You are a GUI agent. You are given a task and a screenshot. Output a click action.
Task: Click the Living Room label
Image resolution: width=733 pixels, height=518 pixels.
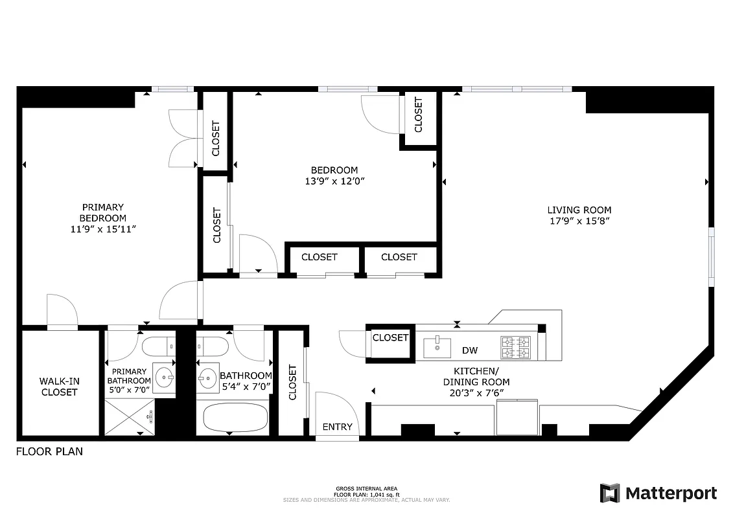point(579,210)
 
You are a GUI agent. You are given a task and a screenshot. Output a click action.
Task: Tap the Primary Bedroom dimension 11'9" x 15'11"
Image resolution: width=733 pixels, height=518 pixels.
point(103,229)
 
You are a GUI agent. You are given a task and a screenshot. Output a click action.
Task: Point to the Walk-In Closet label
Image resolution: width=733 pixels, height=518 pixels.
point(59,387)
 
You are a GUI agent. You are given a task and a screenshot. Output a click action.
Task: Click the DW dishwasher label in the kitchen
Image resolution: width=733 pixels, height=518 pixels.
point(470,350)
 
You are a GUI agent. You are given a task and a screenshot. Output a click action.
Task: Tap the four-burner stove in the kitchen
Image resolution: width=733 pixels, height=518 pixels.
point(515,348)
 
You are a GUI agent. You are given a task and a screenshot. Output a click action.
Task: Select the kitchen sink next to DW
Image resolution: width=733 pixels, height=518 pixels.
point(437,347)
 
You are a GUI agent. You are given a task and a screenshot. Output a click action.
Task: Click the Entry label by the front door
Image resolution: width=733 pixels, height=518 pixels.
point(337,427)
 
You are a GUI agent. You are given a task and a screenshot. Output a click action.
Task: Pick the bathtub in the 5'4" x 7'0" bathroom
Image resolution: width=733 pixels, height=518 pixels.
point(235,418)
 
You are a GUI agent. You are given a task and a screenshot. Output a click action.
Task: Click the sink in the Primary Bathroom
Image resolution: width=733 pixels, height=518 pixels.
point(165,376)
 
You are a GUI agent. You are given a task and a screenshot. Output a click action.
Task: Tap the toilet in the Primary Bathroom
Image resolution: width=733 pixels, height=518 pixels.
point(158,344)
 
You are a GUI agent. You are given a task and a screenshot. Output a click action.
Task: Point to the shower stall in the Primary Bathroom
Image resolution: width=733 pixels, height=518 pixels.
point(130,418)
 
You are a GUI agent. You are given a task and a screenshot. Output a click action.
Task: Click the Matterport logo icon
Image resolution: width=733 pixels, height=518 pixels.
point(609,493)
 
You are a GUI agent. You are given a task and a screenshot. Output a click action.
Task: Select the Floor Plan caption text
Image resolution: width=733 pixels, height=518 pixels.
point(49,451)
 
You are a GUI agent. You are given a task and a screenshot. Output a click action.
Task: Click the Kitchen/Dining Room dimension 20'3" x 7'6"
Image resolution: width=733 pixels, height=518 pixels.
point(475,392)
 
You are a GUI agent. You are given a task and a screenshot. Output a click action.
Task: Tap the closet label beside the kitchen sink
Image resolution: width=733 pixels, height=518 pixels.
point(390,337)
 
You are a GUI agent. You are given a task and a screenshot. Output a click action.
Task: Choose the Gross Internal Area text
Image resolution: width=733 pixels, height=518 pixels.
point(366,489)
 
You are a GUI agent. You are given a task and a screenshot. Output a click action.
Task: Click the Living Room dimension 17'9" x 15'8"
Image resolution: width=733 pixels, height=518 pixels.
point(579,221)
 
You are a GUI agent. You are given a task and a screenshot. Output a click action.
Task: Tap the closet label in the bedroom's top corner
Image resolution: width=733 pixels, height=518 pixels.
point(419,115)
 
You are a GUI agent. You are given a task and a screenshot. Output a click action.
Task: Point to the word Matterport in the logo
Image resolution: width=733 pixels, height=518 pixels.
point(671,493)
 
